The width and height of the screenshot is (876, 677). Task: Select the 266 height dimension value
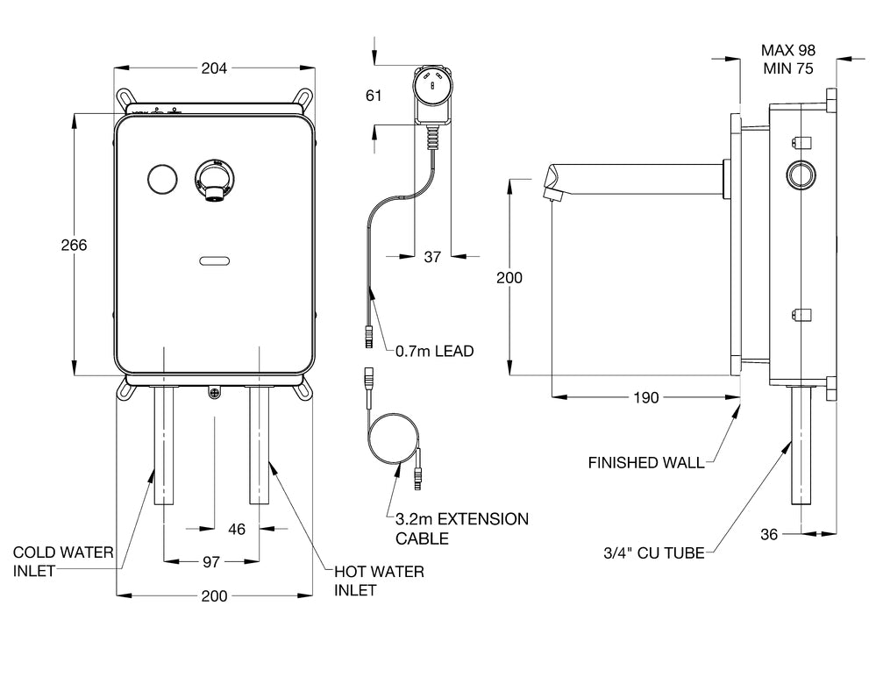click(x=74, y=245)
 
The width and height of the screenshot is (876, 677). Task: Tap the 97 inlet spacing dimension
click(x=211, y=560)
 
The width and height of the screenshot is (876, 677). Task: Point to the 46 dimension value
click(x=237, y=529)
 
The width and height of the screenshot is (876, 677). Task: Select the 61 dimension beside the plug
click(x=374, y=96)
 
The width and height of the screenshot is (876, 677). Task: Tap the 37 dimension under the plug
click(x=432, y=257)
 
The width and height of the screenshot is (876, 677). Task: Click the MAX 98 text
click(x=788, y=50)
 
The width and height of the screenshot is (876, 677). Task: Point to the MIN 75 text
click(x=788, y=69)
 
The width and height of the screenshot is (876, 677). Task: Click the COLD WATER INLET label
click(x=62, y=561)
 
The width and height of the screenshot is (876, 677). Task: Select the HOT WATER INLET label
click(x=379, y=581)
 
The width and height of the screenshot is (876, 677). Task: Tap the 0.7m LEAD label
click(x=434, y=352)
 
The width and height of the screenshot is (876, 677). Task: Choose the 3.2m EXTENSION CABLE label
click(x=462, y=528)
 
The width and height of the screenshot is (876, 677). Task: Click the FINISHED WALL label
click(x=645, y=462)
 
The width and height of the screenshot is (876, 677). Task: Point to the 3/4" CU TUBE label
click(x=653, y=553)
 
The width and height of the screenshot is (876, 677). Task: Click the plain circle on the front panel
click(x=161, y=179)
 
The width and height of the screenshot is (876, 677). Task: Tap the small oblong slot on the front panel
click(x=214, y=260)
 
